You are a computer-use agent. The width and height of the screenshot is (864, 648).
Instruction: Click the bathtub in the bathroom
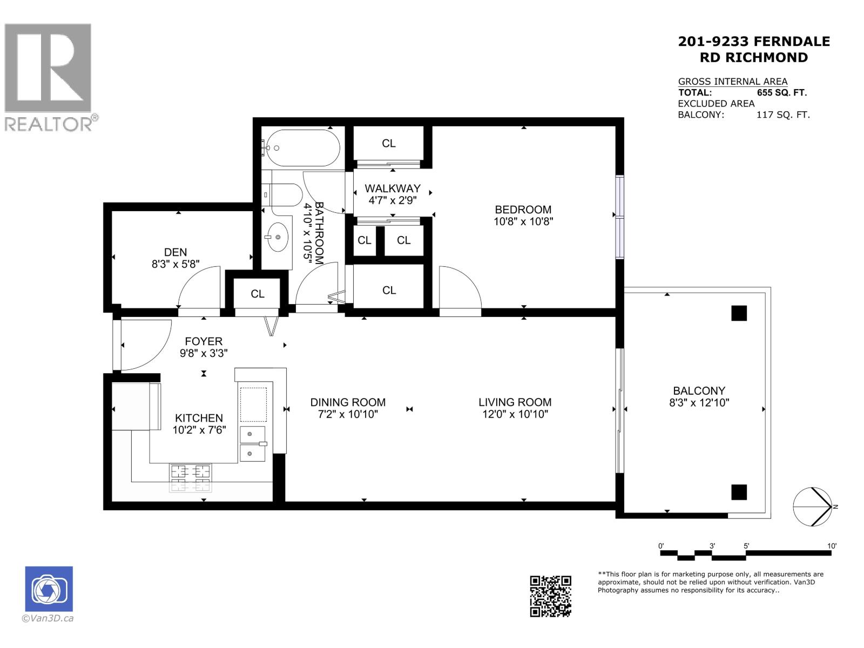(x=303, y=148)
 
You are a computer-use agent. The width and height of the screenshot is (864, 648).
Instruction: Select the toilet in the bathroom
(x=285, y=194)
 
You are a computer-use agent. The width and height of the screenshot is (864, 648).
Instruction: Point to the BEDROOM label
(x=523, y=210)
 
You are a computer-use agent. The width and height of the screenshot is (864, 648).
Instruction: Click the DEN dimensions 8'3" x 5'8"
(x=175, y=264)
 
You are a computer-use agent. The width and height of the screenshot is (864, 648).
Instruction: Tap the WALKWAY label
(x=392, y=188)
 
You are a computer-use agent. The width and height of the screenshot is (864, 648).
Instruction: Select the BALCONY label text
(x=699, y=390)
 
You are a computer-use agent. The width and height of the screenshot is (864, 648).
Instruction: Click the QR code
(x=550, y=596)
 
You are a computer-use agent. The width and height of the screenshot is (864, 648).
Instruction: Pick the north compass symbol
(x=812, y=507)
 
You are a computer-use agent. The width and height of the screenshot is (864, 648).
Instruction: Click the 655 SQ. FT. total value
(x=781, y=93)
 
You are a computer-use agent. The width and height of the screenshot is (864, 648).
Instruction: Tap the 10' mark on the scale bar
(x=832, y=546)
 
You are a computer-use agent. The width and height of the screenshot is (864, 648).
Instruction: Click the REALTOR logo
(x=49, y=76)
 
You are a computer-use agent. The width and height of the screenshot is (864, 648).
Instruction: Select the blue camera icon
(x=49, y=589)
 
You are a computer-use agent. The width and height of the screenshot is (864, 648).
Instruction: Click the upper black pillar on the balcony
(x=739, y=313)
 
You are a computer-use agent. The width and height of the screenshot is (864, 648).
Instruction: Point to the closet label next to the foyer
(x=258, y=294)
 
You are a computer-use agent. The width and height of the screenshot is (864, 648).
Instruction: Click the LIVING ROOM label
(x=515, y=402)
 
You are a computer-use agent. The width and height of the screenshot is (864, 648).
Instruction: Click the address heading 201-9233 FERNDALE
(x=754, y=42)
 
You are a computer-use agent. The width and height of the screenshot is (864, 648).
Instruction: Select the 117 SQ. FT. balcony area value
(x=783, y=114)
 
